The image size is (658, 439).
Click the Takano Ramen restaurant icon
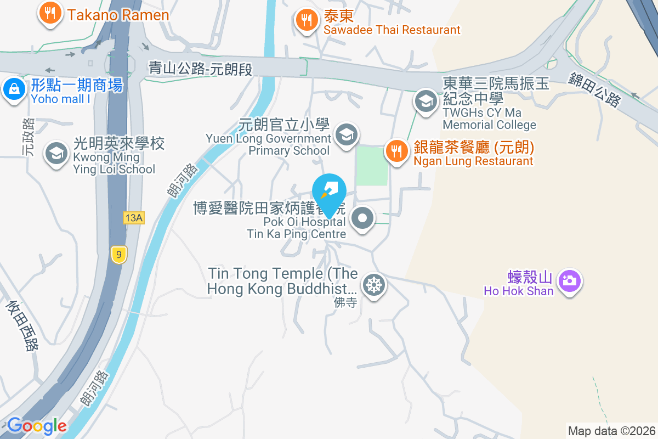pyautogui.click(x=50, y=13)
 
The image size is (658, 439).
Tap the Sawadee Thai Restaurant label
pyautogui.click(x=392, y=30)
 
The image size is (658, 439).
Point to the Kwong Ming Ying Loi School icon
pyautogui.click(x=55, y=153)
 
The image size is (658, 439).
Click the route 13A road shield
pyautogui.click(x=133, y=218)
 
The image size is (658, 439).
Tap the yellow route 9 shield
pyautogui.click(x=118, y=254)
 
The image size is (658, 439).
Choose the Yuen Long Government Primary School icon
pyautogui.click(x=346, y=134)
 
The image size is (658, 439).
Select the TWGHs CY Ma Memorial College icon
pyautogui.click(x=425, y=101)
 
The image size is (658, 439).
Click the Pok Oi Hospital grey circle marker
pyautogui.click(x=362, y=219)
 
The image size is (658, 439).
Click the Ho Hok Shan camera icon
pyautogui.click(x=570, y=281)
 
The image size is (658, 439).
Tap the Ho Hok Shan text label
pyautogui.click(x=518, y=291)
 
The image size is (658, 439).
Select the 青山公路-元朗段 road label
pyautogui.click(x=200, y=68)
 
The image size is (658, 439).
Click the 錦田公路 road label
pyautogui.click(x=595, y=89)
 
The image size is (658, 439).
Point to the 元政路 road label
pyautogui.click(x=28, y=137)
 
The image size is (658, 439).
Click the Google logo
pyautogui.click(x=37, y=426)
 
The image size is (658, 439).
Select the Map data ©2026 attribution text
pyautogui.click(x=611, y=431)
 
